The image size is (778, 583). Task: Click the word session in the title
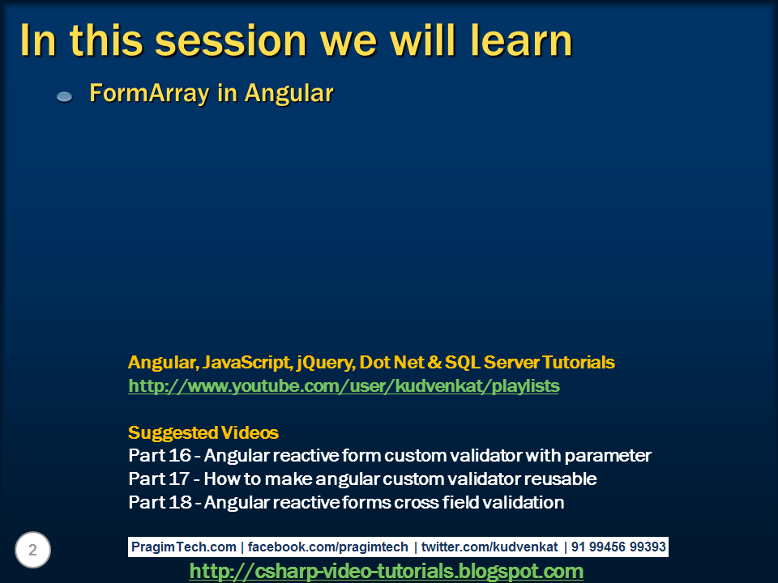pyautogui.click(x=231, y=41)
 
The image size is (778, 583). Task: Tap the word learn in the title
pyautogui.click(x=521, y=40)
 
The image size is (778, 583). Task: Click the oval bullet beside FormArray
pyautogui.click(x=65, y=96)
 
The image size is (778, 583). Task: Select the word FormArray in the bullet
pyautogui.click(x=149, y=93)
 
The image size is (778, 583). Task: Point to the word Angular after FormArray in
pyautogui.click(x=289, y=93)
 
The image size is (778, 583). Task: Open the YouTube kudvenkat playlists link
pyautogui.click(x=344, y=385)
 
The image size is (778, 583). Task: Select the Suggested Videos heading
pyautogui.click(x=203, y=432)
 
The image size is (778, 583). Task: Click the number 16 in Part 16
pyautogui.click(x=180, y=456)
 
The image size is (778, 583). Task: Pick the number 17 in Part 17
pyautogui.click(x=179, y=479)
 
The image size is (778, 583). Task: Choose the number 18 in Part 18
pyautogui.click(x=180, y=502)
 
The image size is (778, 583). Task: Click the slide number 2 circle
pyautogui.click(x=32, y=550)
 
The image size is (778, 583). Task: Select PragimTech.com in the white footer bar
pyautogui.click(x=184, y=547)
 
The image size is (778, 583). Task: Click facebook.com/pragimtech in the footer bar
pyautogui.click(x=328, y=547)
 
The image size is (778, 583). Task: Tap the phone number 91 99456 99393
pyautogui.click(x=618, y=547)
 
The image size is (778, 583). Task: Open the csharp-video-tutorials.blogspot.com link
pyautogui.click(x=386, y=571)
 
